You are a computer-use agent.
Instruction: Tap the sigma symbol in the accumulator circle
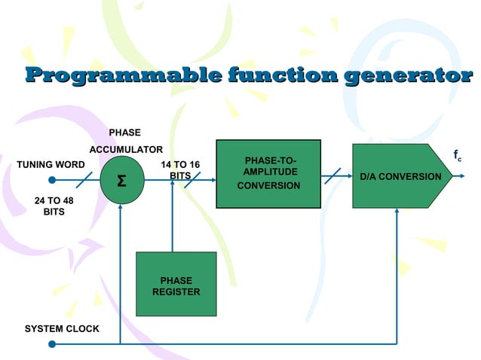click(x=121, y=183)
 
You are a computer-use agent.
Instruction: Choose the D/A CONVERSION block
click(x=400, y=176)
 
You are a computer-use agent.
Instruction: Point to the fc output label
click(x=458, y=156)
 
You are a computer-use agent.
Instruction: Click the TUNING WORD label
click(x=51, y=164)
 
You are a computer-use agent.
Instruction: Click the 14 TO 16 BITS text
click(x=180, y=170)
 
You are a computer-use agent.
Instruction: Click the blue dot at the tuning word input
click(x=51, y=180)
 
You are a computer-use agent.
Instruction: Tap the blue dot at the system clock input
click(x=51, y=344)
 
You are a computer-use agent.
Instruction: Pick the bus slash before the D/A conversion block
click(x=333, y=176)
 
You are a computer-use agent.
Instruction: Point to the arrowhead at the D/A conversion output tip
click(x=449, y=176)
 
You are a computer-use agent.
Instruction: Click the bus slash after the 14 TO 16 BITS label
click(x=193, y=180)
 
